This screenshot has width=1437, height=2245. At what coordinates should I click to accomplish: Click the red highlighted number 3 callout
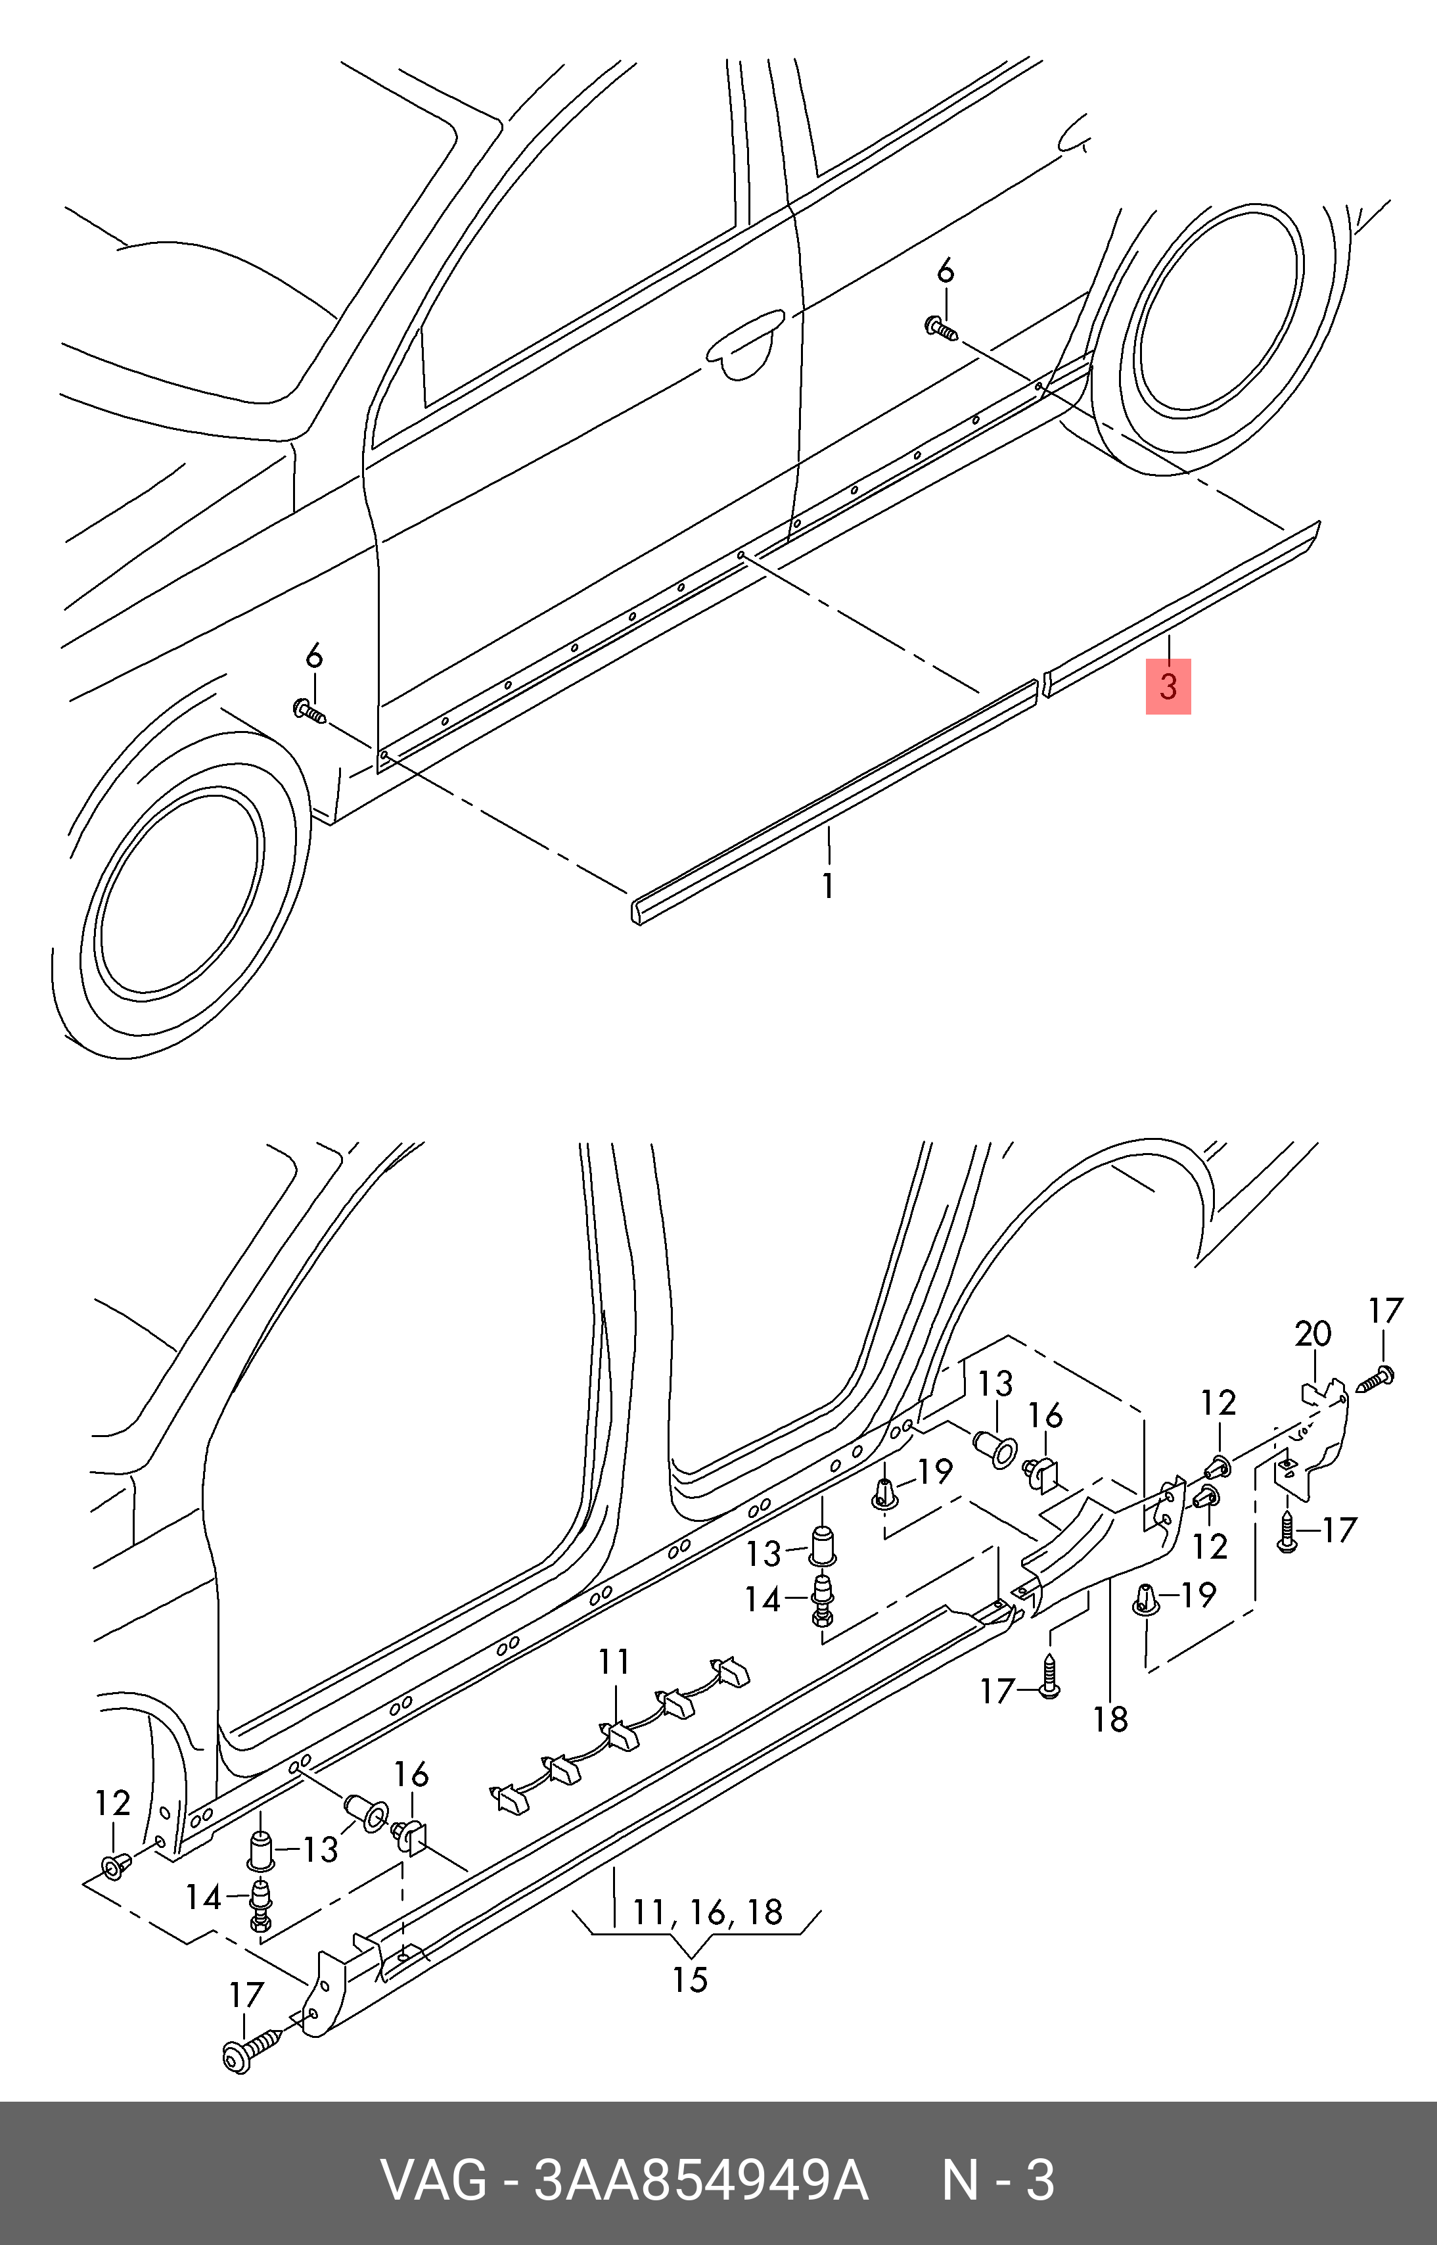(1168, 686)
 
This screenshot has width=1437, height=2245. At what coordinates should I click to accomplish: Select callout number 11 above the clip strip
(614, 1662)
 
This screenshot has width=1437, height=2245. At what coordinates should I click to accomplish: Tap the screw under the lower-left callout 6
(309, 712)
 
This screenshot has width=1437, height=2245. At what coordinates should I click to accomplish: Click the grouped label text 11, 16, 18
(707, 1912)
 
